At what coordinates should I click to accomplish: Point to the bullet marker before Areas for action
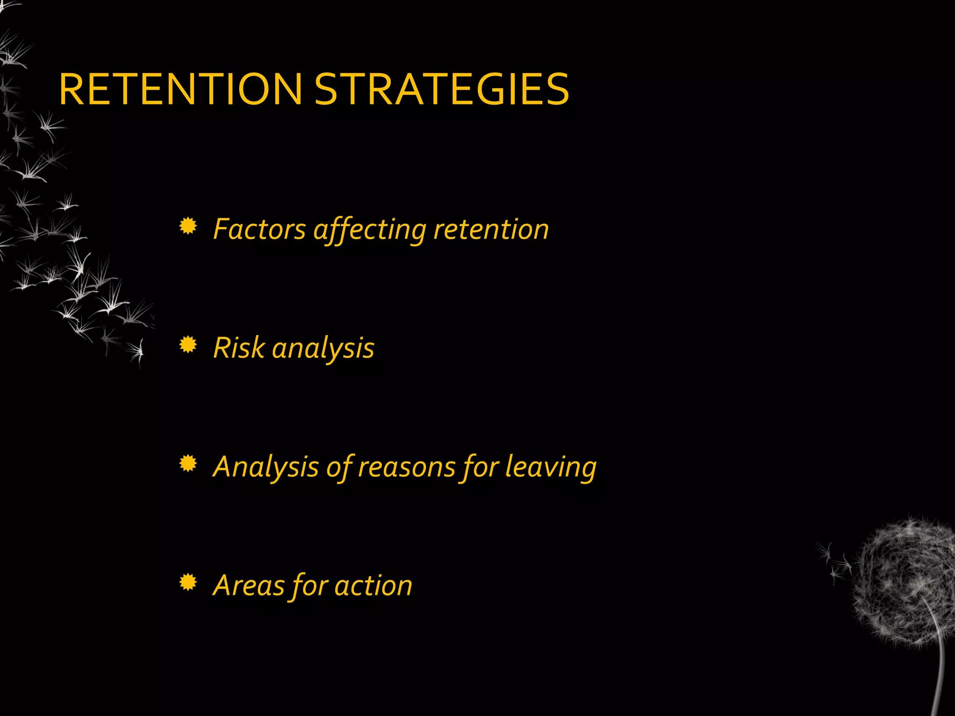(188, 583)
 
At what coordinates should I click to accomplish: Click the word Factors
(259, 229)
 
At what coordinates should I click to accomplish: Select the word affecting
(369, 230)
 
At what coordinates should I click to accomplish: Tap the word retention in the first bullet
(491, 229)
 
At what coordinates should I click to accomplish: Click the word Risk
(238, 348)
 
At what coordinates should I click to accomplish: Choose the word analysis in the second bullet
(323, 349)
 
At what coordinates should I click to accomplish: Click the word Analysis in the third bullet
(265, 467)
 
